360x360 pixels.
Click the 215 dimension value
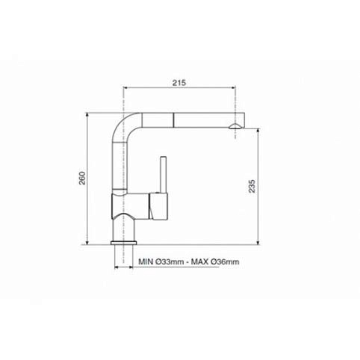[179, 83]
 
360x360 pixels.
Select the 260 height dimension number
[82, 179]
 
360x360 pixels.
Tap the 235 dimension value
[252, 186]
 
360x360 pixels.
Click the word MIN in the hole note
[146, 262]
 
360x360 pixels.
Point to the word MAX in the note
[200, 262]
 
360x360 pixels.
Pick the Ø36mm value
[225, 262]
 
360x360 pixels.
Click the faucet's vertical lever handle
[164, 175]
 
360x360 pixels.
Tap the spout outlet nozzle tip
[235, 127]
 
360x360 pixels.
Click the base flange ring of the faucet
[124, 243]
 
